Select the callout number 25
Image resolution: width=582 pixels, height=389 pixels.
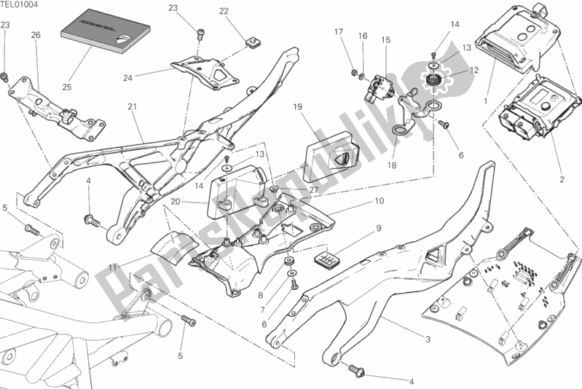67,87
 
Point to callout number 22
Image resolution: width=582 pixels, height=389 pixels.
224,11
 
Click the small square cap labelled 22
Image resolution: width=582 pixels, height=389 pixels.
253,42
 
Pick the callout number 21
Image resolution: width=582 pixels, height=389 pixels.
132,107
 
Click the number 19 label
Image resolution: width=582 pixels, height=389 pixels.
298,108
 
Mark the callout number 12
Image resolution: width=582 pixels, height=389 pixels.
474,71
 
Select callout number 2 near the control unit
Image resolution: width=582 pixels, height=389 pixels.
561,179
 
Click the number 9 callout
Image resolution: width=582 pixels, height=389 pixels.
379,228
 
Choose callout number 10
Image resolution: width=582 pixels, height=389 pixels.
379,200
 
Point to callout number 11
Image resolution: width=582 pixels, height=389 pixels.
112,269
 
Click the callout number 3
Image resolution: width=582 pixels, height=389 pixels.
428,339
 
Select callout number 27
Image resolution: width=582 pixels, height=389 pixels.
315,190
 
